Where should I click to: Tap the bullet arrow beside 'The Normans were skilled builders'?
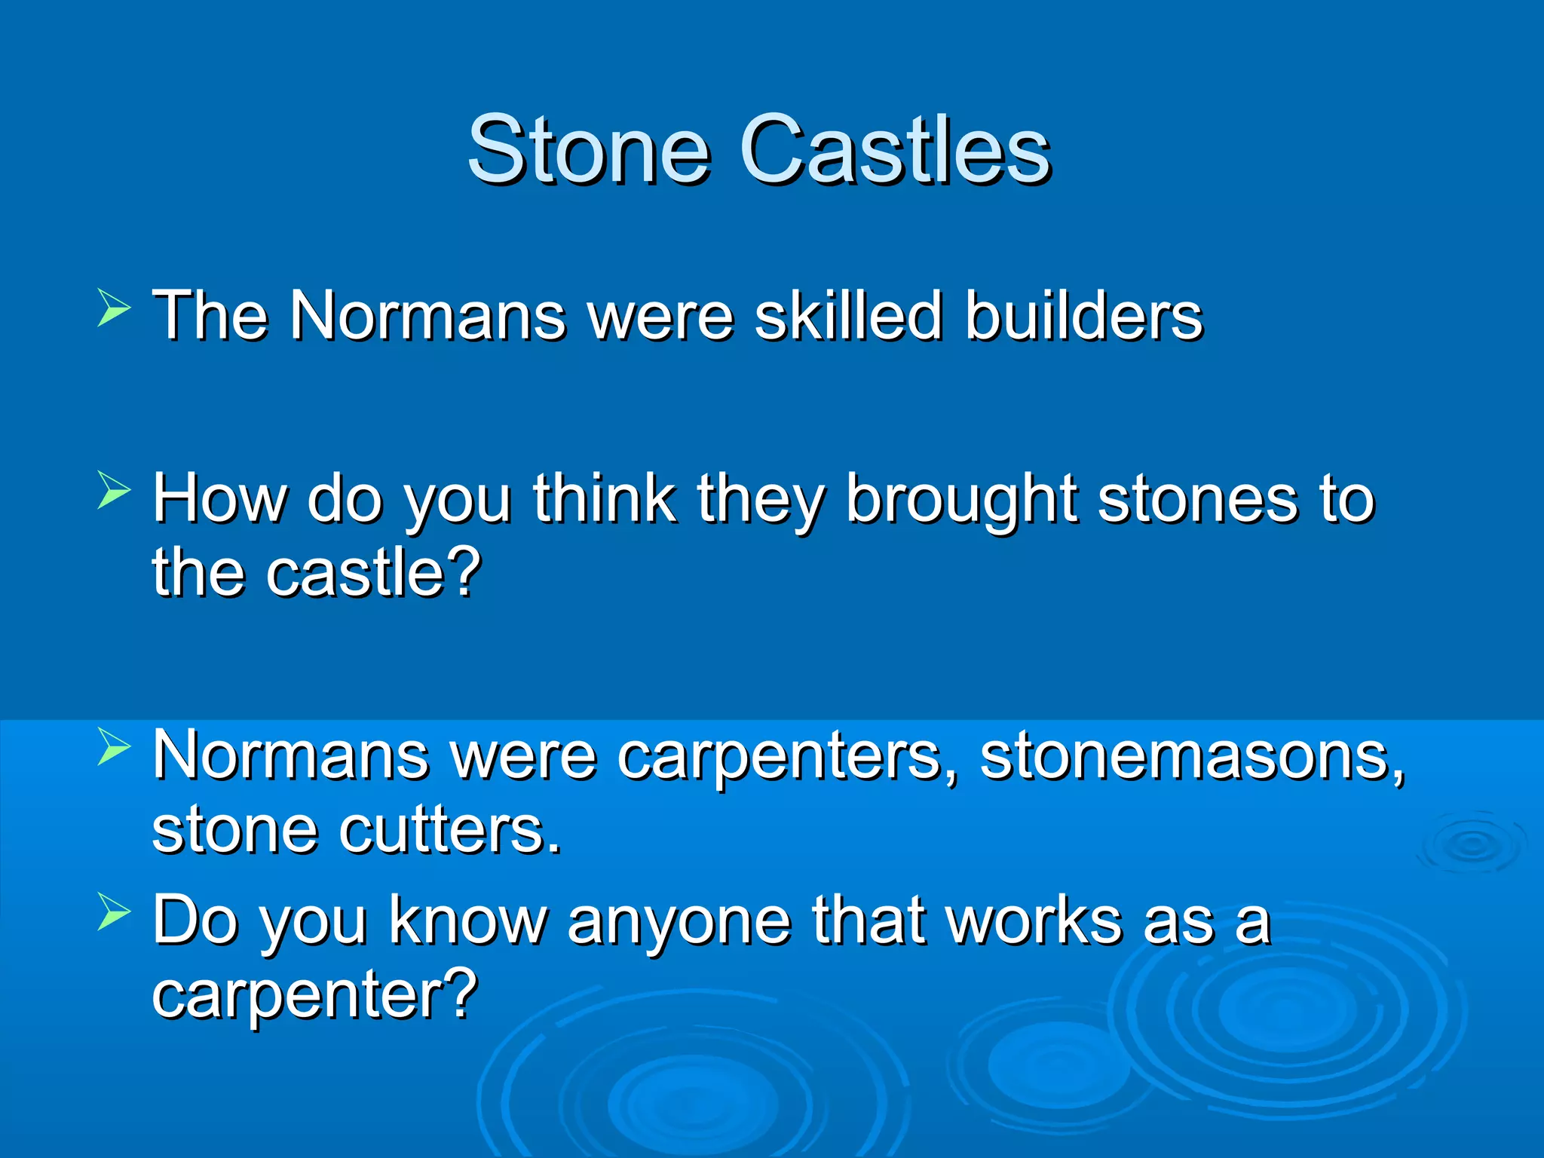tap(114, 309)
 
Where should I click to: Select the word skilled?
tap(848, 315)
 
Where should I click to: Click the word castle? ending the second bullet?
tap(373, 573)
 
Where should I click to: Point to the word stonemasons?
tap(1192, 756)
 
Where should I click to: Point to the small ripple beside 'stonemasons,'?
tap(1470, 844)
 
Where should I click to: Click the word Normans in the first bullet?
tap(427, 315)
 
